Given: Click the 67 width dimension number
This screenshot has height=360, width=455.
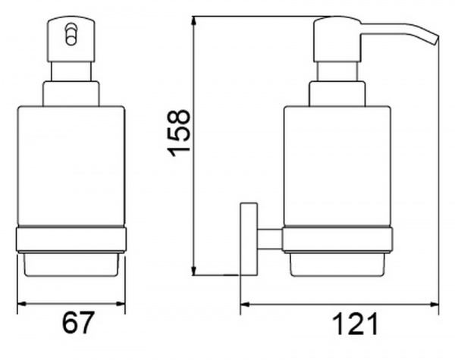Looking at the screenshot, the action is pos(78,323).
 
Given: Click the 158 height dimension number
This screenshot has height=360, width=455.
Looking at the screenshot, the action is pos(178,133).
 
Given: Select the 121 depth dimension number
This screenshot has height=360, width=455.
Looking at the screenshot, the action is pos(355,324).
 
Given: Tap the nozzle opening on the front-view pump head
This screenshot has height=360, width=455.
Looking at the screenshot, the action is pos(71,35).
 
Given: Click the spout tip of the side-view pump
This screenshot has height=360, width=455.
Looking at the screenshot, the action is pos(435,40).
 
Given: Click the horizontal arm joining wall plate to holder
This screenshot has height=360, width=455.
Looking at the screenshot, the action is pos(270,239).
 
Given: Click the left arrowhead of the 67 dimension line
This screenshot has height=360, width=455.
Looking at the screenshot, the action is pos(22,304).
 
